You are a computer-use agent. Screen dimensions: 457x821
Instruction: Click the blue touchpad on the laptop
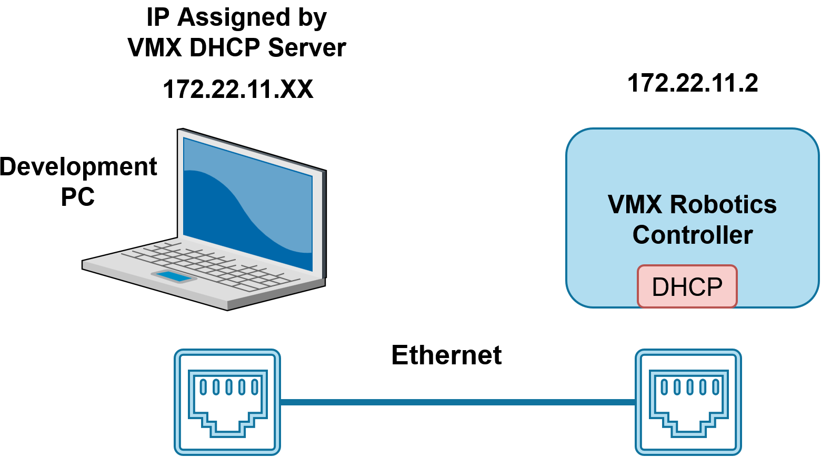point(174,276)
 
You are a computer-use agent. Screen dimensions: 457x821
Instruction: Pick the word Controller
point(692,235)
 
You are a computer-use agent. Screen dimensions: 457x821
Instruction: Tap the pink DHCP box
point(687,286)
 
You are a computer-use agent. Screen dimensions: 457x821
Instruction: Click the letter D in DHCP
point(660,287)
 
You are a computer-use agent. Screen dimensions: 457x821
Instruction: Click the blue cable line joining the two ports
point(458,402)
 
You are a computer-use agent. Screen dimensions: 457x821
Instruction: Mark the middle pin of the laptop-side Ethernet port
point(229,387)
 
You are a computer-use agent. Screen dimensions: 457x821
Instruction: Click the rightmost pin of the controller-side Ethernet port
point(715,387)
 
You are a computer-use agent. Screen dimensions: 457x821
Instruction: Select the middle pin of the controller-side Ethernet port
point(690,387)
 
